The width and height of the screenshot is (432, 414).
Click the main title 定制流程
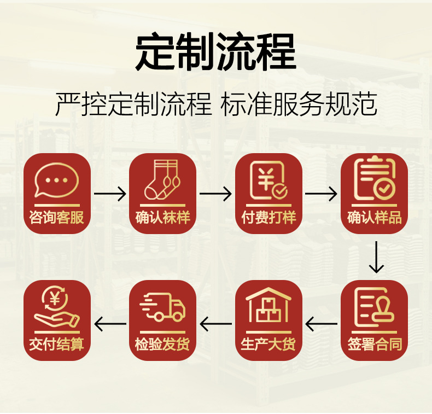tap(215, 51)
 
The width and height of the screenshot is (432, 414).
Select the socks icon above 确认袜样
tap(162, 179)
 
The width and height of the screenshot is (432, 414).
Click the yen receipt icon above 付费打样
tap(268, 180)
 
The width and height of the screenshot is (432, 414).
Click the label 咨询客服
tap(57, 217)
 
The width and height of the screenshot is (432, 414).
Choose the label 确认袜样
tap(162, 217)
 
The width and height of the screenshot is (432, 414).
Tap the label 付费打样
tap(268, 217)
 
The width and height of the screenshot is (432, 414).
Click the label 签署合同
tap(375, 344)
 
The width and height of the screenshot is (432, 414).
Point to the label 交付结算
tap(57, 344)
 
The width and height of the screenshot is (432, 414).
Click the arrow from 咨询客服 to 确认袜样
tap(110, 194)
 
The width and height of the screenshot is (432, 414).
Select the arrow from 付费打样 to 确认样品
tap(321, 194)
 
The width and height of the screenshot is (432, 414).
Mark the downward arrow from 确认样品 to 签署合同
tap(376, 257)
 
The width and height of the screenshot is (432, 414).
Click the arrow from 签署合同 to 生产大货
tap(321, 324)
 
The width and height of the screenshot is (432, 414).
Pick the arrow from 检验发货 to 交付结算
tap(110, 324)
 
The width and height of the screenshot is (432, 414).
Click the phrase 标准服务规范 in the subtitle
tap(299, 104)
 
